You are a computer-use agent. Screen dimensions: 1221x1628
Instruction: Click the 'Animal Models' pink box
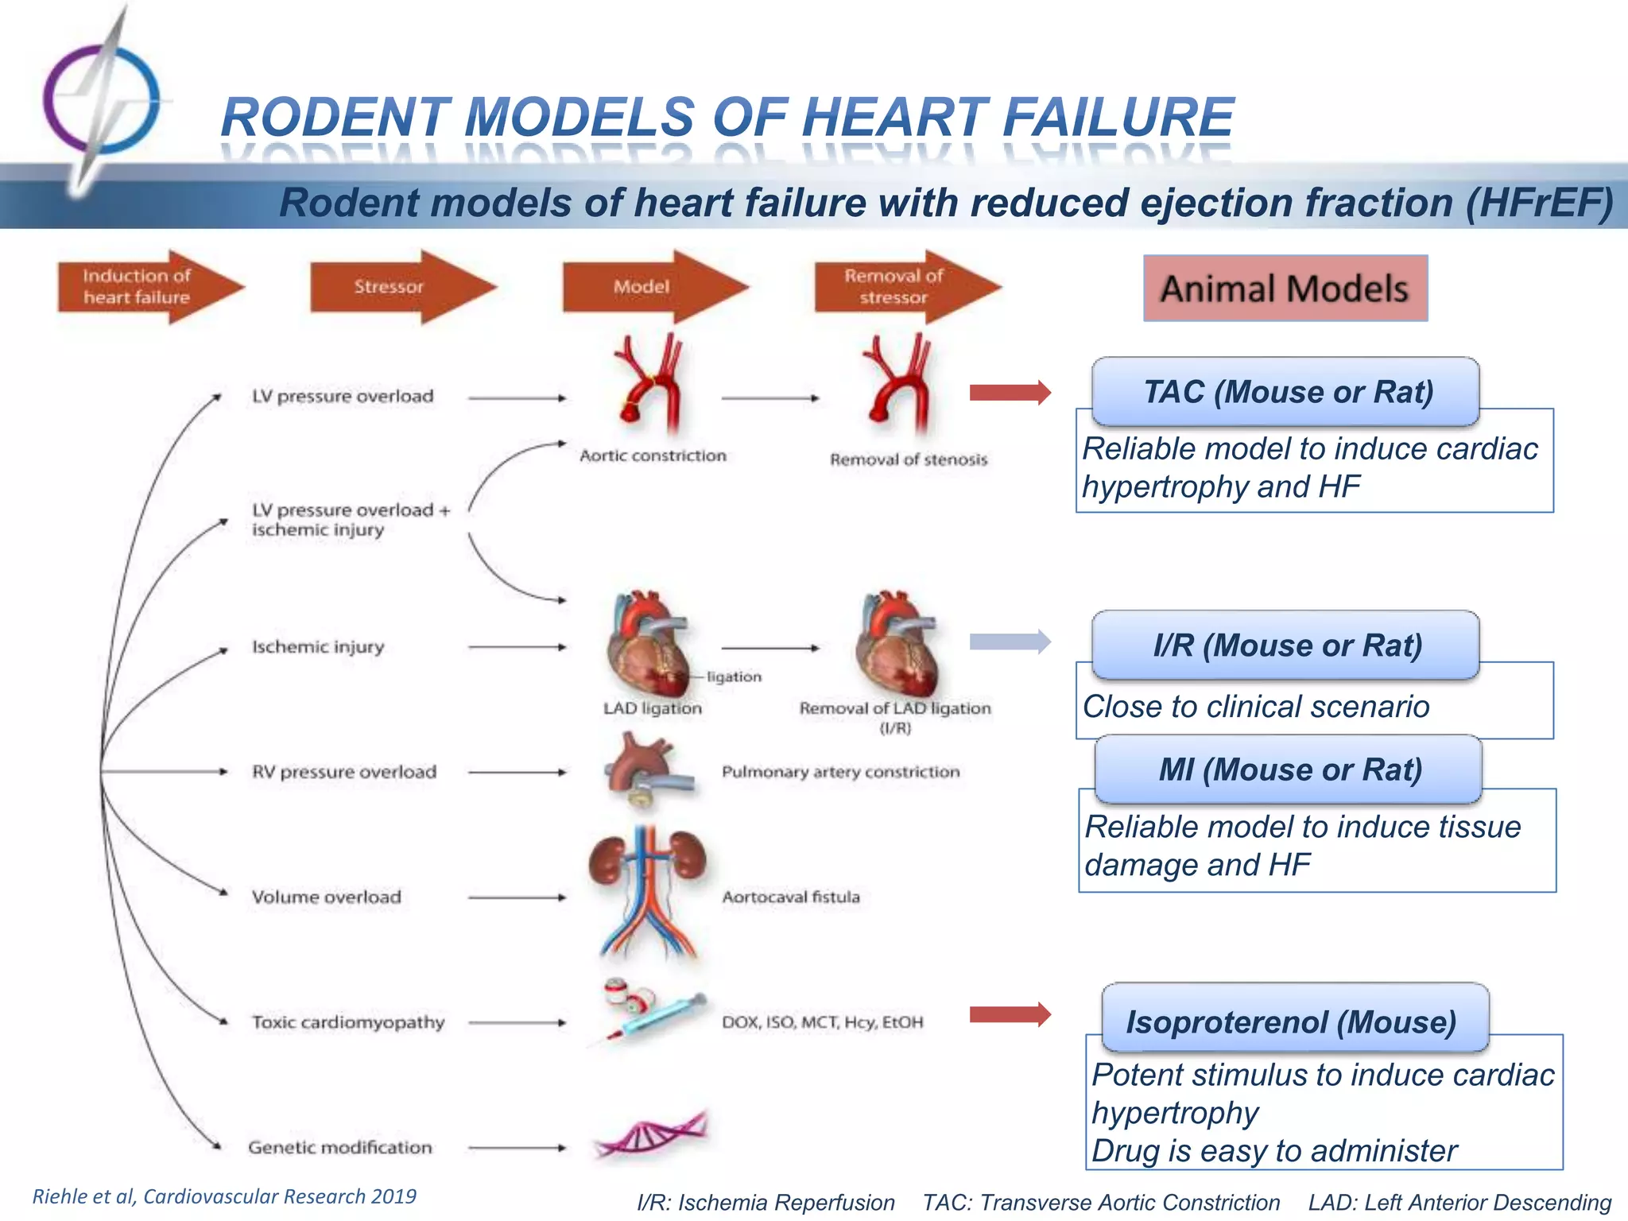pos(1285,289)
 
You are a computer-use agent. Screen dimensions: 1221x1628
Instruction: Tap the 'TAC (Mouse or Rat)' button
pos(1285,392)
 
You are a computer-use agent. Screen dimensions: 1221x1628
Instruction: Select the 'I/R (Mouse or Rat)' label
pos(1285,645)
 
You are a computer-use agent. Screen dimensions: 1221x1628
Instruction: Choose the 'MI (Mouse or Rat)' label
pos(1289,769)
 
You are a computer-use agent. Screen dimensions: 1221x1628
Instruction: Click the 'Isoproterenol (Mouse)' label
pos(1294,1021)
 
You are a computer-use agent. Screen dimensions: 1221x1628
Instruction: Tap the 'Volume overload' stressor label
pos(326,897)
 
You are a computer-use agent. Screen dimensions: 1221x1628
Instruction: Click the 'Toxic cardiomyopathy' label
pos(347,1022)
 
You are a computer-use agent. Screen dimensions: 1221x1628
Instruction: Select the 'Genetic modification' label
pos(339,1147)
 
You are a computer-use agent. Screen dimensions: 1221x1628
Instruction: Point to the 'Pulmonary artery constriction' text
pos(840,772)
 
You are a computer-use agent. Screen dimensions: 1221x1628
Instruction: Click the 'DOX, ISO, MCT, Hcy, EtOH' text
pos(822,1022)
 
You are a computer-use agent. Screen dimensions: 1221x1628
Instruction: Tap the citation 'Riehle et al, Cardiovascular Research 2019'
pos(224,1196)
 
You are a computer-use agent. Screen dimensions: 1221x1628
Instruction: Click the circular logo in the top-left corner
pos(101,99)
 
